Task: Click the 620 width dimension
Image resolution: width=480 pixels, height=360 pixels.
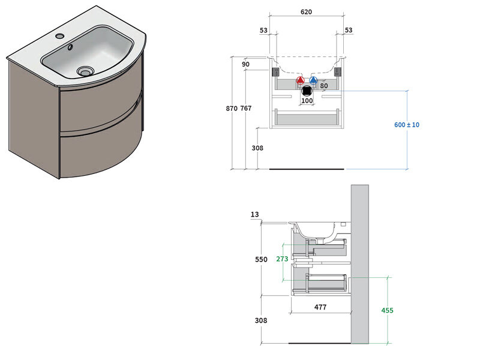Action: coord(306,13)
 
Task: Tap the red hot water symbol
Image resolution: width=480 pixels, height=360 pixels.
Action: coord(301,80)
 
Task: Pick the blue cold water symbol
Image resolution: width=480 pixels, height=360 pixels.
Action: coord(313,80)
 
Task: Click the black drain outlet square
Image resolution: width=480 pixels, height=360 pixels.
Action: coord(307,91)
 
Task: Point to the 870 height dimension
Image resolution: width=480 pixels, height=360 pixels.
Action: coord(230,109)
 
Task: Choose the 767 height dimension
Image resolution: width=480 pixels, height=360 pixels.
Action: coord(246,109)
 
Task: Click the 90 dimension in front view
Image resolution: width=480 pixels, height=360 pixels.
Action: coord(245,64)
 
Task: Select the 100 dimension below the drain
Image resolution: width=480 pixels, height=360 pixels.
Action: coord(307,101)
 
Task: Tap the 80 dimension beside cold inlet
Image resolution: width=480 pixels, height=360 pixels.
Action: coord(323,86)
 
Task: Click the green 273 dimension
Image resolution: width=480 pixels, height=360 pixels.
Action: coord(282,259)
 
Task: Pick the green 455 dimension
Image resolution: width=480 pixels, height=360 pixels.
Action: coord(387,310)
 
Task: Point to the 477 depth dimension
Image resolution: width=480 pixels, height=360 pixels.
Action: coord(320,307)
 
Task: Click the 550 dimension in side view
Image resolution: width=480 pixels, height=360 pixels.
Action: coord(261,259)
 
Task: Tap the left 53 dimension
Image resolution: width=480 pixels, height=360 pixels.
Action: coord(263,31)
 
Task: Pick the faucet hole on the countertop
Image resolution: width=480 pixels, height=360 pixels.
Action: coord(59,36)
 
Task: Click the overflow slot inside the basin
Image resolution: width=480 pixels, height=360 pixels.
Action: coord(72,48)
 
